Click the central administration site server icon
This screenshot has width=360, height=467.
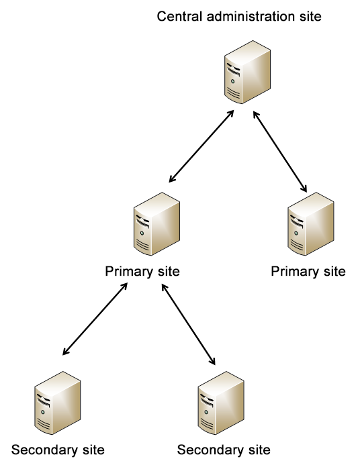pyautogui.click(x=247, y=72)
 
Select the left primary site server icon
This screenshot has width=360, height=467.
pyautogui.click(x=156, y=223)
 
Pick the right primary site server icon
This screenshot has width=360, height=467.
pyautogui.click(x=311, y=223)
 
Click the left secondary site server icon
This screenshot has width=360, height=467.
pyautogui.click(x=58, y=403)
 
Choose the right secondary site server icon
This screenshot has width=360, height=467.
pyautogui.click(x=221, y=403)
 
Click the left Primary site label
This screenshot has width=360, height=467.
pyautogui.click(x=142, y=272)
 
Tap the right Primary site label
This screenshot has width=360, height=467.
pyautogui.click(x=308, y=272)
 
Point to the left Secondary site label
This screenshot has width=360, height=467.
pyautogui.click(x=58, y=450)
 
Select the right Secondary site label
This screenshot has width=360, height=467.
pyautogui.click(x=224, y=450)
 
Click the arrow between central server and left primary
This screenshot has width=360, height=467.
pyautogui.click(x=201, y=146)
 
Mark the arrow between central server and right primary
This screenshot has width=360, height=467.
pyautogui.click(x=280, y=152)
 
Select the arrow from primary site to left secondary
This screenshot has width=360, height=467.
pyautogui.click(x=95, y=319)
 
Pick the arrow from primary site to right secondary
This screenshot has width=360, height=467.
pyautogui.click(x=188, y=324)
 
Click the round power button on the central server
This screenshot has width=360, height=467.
pyautogui.click(x=232, y=81)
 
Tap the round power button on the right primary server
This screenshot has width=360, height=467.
pyautogui.click(x=296, y=233)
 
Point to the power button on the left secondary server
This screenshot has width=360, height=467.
pyautogui.click(x=42, y=412)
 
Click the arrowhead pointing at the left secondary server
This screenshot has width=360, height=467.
pyautogui.click(x=65, y=352)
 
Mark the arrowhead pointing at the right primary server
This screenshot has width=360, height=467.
pyautogui.click(x=304, y=189)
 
